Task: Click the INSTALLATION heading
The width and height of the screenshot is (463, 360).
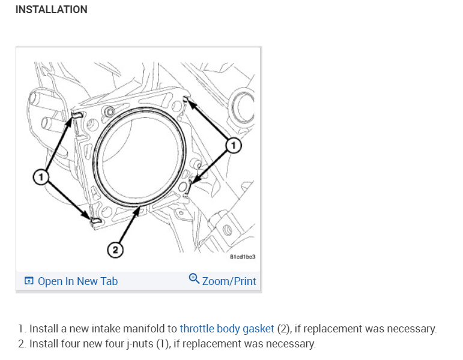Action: (51, 10)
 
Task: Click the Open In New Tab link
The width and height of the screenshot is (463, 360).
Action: (77, 281)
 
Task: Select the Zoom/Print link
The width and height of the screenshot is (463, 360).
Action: (229, 281)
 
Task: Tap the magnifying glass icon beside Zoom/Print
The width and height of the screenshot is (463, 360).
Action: (194, 278)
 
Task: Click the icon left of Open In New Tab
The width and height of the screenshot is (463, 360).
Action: (29, 281)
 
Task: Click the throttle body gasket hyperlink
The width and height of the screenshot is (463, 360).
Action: (227, 329)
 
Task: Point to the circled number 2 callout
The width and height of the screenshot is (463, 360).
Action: (114, 248)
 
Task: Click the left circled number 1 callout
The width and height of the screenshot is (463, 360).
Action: (40, 177)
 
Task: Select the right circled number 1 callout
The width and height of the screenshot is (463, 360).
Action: (234, 144)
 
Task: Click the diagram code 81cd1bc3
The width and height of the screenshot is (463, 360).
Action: (243, 257)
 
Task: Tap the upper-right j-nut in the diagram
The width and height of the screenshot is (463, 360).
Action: (187, 98)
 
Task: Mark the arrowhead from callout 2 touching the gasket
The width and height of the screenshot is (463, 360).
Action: (140, 210)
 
